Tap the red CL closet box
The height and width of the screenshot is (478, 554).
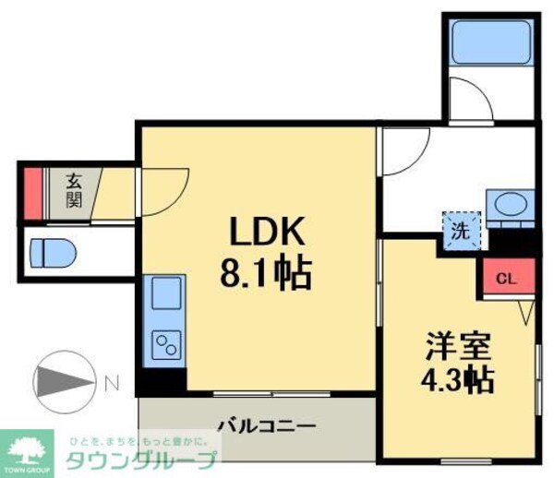pyautogui.click(x=505, y=278)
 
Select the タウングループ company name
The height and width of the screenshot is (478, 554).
pyautogui.click(x=140, y=460)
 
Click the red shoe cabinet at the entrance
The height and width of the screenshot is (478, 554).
pyautogui.click(x=30, y=192)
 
